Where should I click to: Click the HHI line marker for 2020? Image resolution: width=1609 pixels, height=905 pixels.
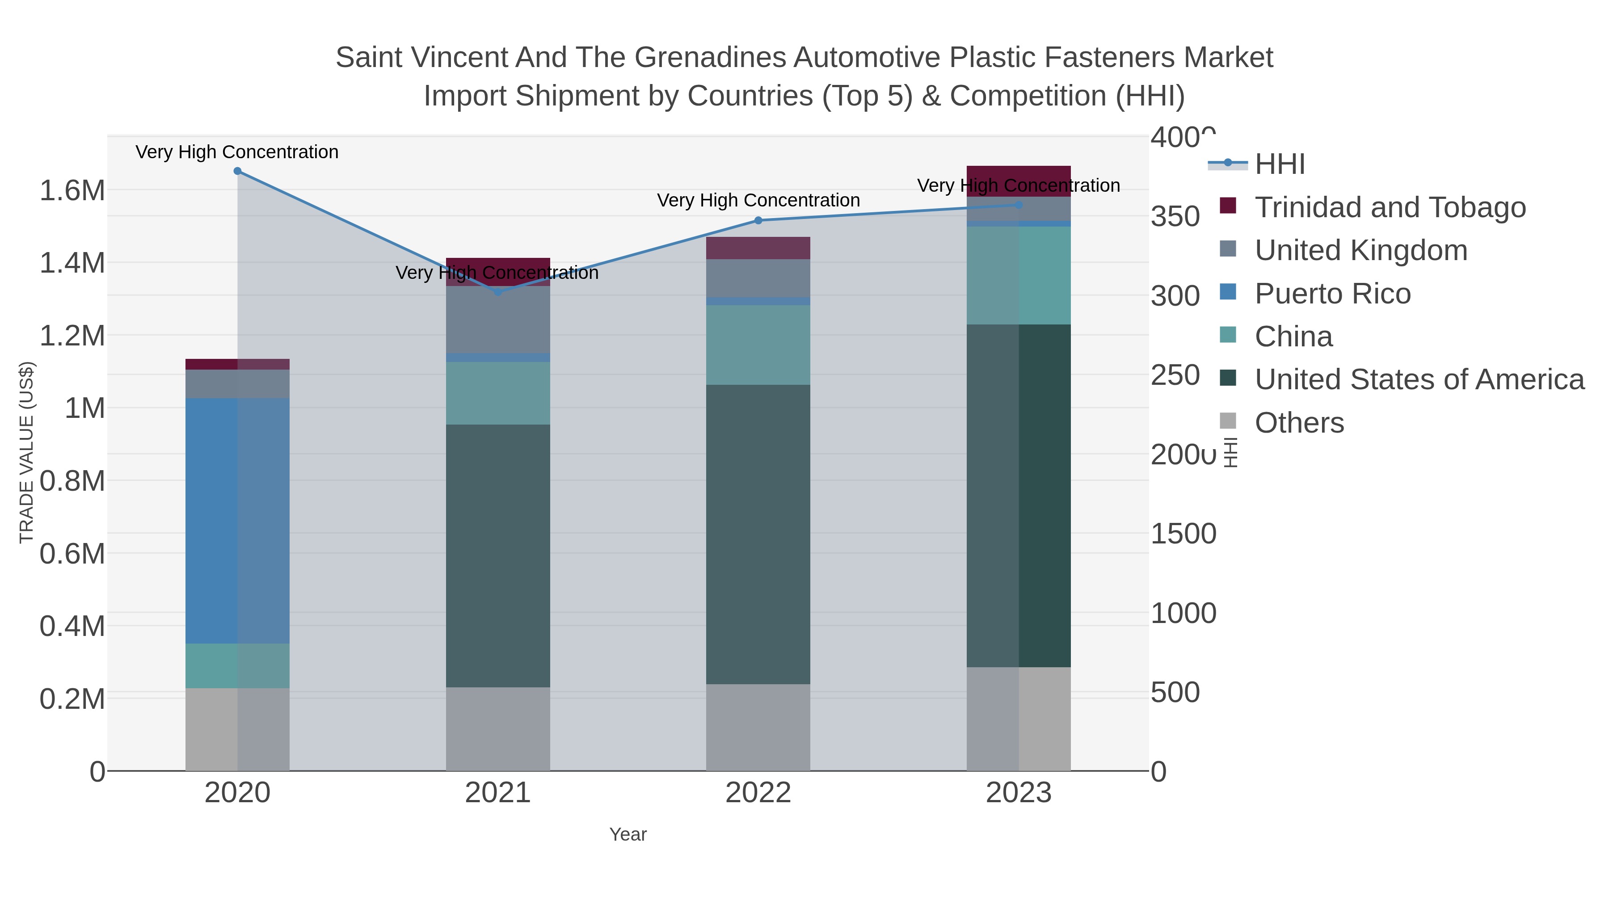[x=237, y=171]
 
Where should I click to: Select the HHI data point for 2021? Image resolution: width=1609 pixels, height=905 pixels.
[x=498, y=292]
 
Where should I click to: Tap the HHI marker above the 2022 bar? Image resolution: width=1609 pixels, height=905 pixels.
[x=758, y=220]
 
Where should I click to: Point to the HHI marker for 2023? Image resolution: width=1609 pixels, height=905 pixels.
[x=1019, y=205]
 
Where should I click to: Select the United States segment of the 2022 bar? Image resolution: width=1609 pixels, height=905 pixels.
[x=758, y=534]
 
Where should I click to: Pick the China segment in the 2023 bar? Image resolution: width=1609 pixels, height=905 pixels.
[x=1019, y=275]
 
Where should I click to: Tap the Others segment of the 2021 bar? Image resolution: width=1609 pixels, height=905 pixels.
[x=498, y=729]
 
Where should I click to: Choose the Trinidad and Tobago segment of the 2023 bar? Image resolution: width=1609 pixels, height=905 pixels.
[x=1019, y=181]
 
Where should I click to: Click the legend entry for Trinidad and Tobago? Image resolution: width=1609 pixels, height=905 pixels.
[x=1390, y=207]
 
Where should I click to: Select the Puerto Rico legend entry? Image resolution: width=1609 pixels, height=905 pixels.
[x=1332, y=294]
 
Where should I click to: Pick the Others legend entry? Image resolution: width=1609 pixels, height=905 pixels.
[x=1299, y=423]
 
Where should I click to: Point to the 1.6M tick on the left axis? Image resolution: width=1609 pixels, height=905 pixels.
[x=72, y=190]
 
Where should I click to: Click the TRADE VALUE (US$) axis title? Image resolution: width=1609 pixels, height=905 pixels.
[x=26, y=452]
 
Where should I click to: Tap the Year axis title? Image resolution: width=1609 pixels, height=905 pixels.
[x=628, y=834]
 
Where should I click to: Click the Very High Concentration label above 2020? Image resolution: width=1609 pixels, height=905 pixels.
[x=237, y=152]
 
